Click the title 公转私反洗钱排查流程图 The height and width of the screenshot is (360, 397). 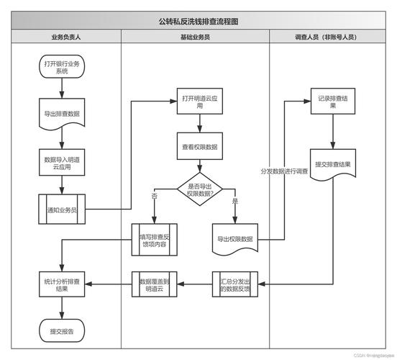[198, 22]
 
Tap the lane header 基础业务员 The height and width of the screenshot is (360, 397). [195, 37]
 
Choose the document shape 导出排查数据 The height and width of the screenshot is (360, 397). [62, 113]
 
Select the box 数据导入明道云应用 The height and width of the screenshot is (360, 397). [62, 163]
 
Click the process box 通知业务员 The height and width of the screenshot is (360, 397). [62, 210]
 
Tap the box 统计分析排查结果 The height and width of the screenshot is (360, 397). [62, 284]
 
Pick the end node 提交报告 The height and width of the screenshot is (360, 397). [62, 331]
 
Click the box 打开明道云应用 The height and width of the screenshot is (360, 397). [200, 102]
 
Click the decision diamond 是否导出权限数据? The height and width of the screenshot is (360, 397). [200, 189]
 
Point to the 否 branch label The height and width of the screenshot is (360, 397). [155, 196]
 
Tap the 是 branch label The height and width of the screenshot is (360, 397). [234, 201]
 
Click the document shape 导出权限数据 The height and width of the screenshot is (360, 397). [235, 238]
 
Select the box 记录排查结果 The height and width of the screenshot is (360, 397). [332, 102]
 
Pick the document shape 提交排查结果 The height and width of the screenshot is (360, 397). [332, 164]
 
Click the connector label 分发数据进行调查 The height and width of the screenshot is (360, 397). [284, 171]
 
